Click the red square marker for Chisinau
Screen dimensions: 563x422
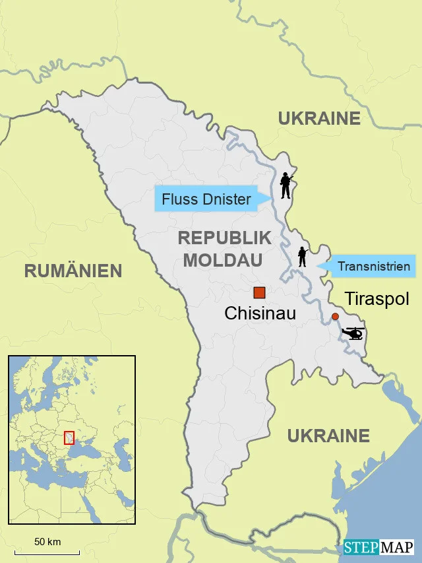[x=259, y=292]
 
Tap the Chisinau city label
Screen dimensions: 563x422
[x=260, y=314]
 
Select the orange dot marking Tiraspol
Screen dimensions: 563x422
[x=335, y=317]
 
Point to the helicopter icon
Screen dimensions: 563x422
[x=353, y=333]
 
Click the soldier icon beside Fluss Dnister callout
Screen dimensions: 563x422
[x=286, y=186]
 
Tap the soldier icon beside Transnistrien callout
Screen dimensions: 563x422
[x=303, y=256]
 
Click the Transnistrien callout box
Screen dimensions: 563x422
[x=372, y=267]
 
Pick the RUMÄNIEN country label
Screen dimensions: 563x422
[x=73, y=271]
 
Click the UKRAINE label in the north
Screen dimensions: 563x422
[x=319, y=119]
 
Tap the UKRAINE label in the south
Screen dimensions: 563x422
[x=328, y=436]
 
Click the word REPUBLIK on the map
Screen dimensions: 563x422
[x=224, y=239]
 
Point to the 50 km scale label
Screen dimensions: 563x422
[x=47, y=542]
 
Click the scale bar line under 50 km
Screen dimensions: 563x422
[x=47, y=552]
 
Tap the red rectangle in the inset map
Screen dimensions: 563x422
[x=69, y=438]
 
